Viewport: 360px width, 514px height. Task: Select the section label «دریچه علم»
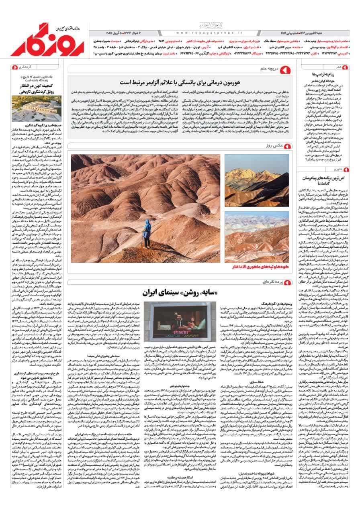pos(268,69)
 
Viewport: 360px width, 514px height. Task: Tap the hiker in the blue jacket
pos(147,234)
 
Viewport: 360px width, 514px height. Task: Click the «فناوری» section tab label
pos(337,169)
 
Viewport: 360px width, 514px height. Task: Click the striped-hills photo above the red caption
pos(257,237)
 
